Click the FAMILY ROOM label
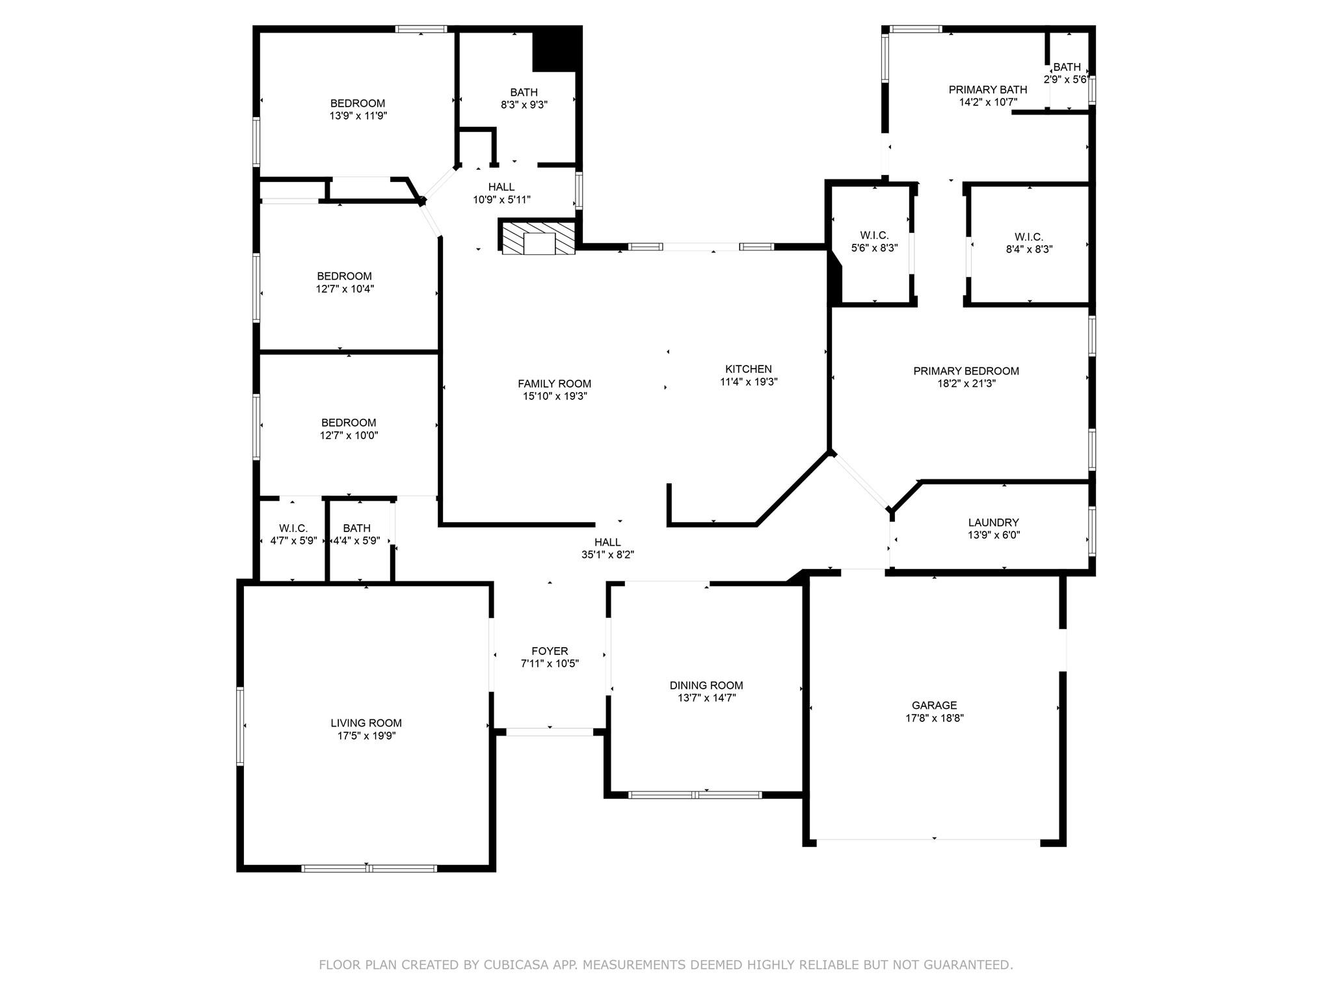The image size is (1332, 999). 554,384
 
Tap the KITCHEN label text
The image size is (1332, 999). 749,369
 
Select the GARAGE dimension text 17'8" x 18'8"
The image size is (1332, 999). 934,718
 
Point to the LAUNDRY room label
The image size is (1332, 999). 993,522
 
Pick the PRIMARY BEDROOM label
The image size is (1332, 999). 966,371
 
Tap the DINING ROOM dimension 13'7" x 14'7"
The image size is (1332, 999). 706,698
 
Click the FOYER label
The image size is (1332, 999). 550,651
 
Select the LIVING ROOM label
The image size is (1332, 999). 366,723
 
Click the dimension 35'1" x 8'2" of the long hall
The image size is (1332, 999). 607,555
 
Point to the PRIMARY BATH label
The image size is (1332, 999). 988,90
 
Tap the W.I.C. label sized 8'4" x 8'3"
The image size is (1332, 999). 1028,237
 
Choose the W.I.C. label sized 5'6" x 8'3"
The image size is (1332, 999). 874,235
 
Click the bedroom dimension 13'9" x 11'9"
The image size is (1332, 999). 358,116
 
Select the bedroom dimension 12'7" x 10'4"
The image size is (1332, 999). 345,289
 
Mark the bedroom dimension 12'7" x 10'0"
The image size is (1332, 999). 349,436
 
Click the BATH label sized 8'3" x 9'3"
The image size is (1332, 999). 524,92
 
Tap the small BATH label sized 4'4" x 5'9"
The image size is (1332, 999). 356,528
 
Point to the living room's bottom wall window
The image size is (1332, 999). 369,868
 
